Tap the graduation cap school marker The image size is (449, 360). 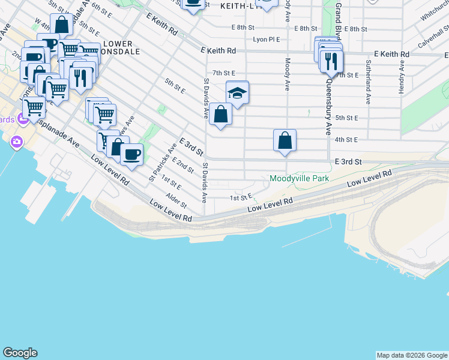click(x=237, y=94)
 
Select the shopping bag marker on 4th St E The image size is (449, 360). click(x=285, y=141)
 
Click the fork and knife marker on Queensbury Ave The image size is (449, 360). click(x=330, y=61)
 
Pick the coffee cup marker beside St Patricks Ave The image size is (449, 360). click(x=131, y=155)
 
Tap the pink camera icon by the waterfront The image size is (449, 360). click(x=16, y=142)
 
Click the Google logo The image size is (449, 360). click(x=20, y=353)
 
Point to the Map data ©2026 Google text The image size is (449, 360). click(x=412, y=355)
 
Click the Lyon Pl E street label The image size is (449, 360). click(x=267, y=40)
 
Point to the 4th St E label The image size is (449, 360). click(x=346, y=139)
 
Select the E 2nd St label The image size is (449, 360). click(x=182, y=165)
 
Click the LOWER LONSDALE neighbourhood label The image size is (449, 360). click(x=122, y=47)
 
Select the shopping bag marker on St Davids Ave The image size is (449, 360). click(x=221, y=115)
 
